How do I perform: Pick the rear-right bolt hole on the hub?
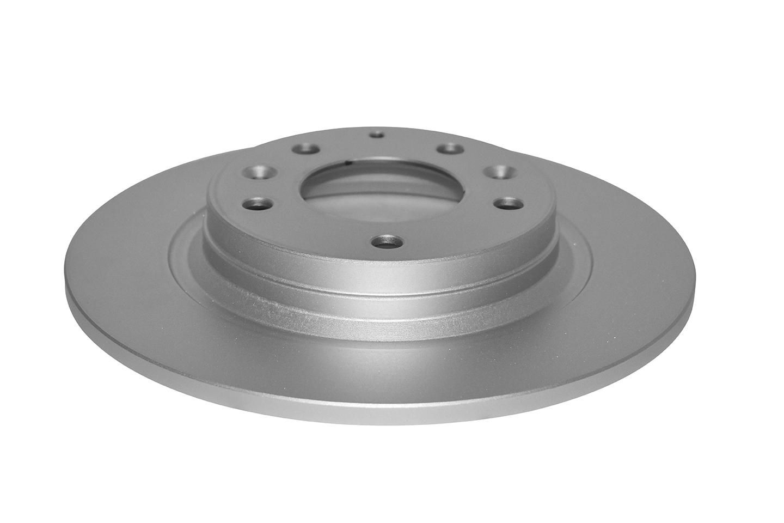[450, 149]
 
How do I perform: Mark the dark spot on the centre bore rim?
[348, 162]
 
